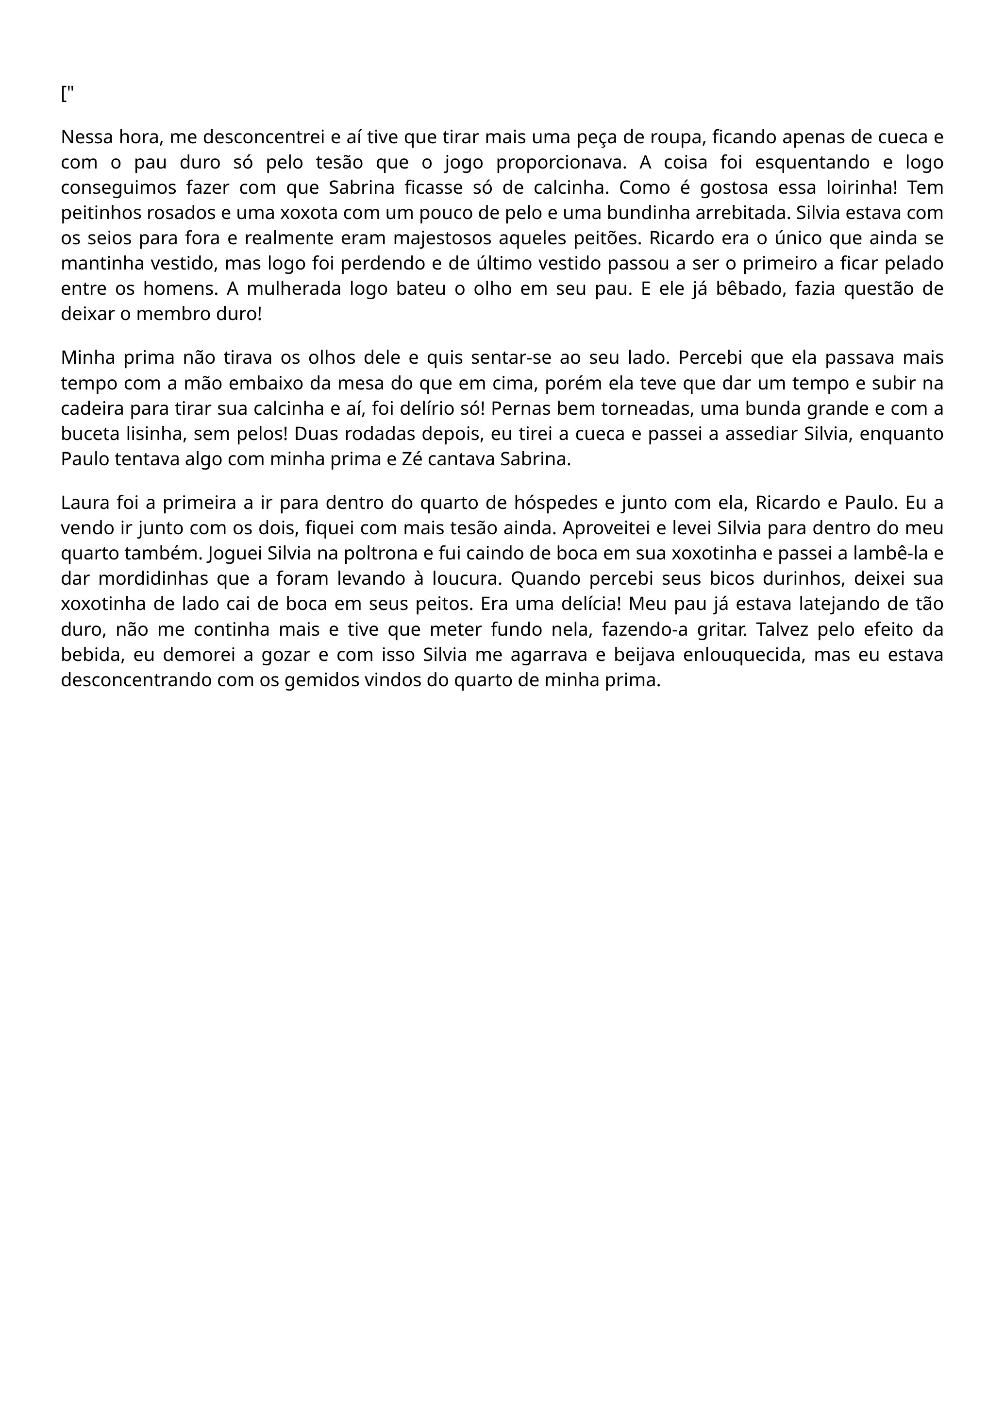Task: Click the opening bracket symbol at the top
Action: tap(64, 94)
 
